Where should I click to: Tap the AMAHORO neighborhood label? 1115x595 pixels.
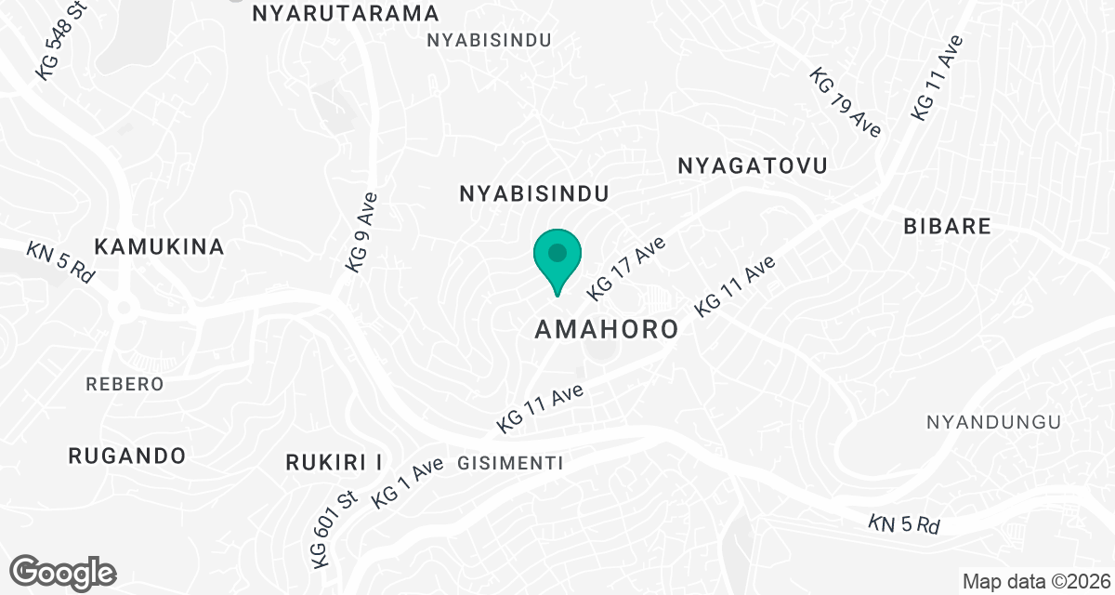click(x=607, y=330)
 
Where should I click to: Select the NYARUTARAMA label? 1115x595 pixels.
click(x=346, y=13)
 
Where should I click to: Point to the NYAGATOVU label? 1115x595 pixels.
click(x=753, y=165)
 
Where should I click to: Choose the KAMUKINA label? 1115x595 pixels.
click(x=160, y=246)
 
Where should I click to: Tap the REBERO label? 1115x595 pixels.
click(x=125, y=384)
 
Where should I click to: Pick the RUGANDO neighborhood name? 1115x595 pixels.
click(x=127, y=456)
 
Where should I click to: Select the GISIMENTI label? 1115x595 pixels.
click(x=511, y=463)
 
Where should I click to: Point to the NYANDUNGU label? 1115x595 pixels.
click(x=993, y=422)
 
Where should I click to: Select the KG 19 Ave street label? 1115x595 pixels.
click(x=845, y=102)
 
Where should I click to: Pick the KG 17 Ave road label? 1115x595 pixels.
click(x=626, y=269)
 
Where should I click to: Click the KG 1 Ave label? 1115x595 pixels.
click(x=407, y=484)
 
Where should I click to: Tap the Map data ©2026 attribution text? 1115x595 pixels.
click(x=1035, y=582)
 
